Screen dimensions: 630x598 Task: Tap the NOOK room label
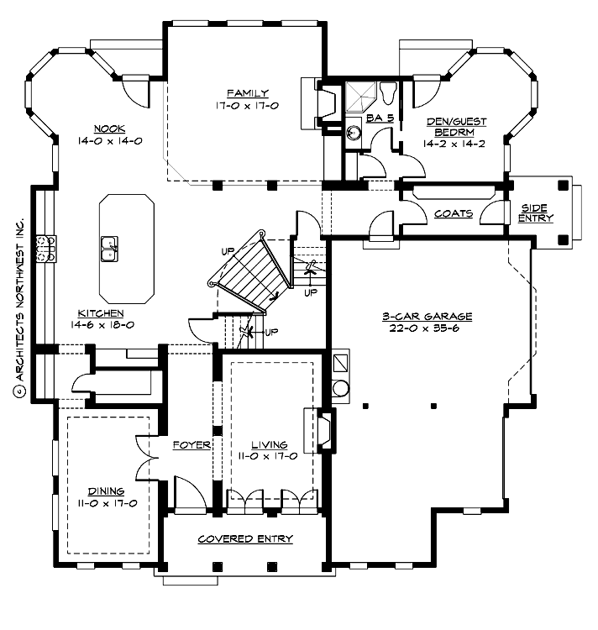[x=109, y=129]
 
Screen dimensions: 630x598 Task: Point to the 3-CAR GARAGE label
[x=427, y=317]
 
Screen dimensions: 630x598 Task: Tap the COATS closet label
[x=453, y=213]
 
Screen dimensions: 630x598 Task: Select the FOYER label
[x=191, y=444]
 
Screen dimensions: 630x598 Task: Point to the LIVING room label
[x=268, y=444]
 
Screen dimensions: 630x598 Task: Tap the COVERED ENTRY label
[x=244, y=538]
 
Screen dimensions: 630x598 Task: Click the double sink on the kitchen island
[x=110, y=249]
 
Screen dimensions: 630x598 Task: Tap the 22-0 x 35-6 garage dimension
[x=427, y=328]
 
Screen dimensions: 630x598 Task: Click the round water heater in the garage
[x=341, y=389]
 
